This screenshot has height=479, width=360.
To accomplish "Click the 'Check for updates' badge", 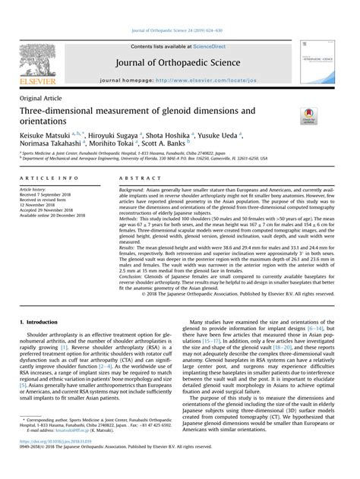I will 309,115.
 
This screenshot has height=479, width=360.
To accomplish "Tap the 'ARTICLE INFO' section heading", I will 45,177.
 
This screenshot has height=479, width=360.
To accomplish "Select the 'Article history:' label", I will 36,188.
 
